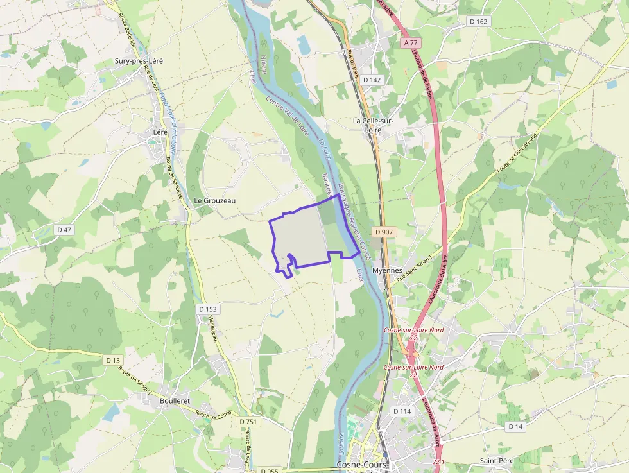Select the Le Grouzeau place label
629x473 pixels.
[215, 201]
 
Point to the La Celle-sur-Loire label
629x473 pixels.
[373, 125]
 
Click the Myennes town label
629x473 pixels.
[387, 271]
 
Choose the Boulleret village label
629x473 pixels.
[175, 400]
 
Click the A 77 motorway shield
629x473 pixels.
[411, 42]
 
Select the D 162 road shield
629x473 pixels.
[479, 21]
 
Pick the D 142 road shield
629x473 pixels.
[372, 80]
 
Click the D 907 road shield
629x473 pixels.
[383, 232]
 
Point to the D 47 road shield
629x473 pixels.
[64, 229]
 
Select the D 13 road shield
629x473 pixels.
[113, 360]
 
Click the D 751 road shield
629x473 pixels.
[248, 422]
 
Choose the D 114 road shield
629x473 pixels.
[402, 411]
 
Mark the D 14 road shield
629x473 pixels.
[515, 426]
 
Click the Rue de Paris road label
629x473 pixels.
[352, 64]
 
